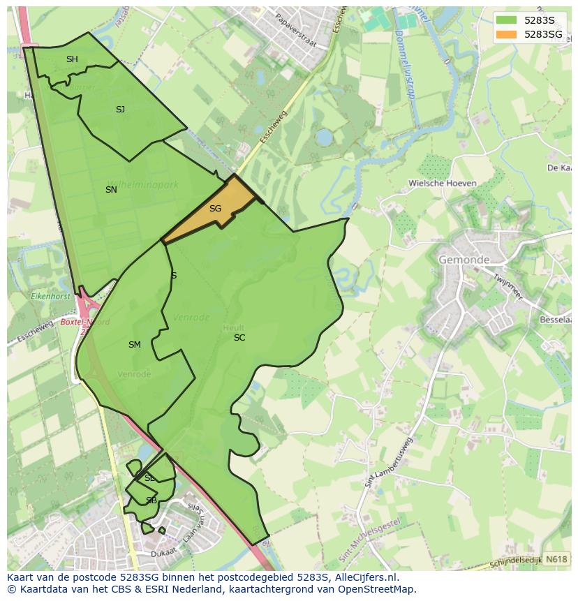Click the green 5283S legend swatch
(507, 21)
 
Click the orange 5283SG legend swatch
(507, 34)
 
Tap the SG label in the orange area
(215, 209)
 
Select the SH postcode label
(72, 59)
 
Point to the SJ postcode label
(120, 110)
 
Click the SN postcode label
(111, 190)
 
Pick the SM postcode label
(135, 345)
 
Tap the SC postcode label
(239, 338)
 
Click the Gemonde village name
(464, 260)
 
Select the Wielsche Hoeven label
(443, 184)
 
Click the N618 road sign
(556, 559)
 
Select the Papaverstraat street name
(295, 31)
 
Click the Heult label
(233, 327)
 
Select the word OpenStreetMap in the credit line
(374, 589)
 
